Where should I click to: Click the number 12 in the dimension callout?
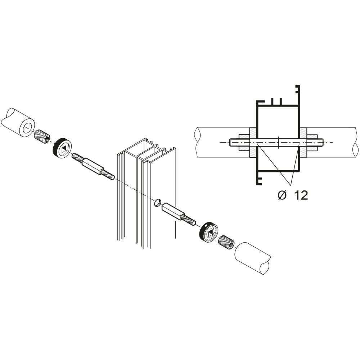(300, 195)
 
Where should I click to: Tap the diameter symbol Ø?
(282, 195)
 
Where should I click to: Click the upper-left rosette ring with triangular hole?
(62, 149)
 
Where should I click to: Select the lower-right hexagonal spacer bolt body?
(173, 211)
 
